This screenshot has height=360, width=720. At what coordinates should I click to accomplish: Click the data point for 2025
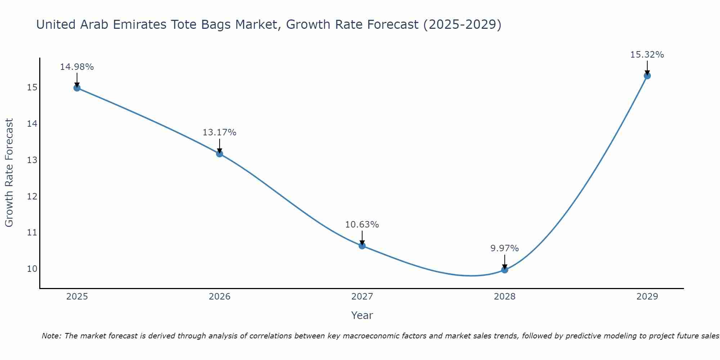tap(77, 88)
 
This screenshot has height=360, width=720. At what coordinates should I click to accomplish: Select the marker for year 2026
tap(219, 154)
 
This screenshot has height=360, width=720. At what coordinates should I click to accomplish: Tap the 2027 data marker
tap(362, 246)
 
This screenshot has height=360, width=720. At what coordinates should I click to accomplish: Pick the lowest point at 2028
tap(504, 270)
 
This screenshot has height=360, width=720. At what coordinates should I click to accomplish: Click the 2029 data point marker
tap(647, 76)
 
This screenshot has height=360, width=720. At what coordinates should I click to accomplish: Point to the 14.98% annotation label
tap(77, 67)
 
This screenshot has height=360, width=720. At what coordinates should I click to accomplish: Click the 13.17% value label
tap(219, 132)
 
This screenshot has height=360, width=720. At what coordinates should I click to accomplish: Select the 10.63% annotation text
tap(362, 225)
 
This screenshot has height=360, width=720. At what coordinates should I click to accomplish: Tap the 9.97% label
tap(504, 248)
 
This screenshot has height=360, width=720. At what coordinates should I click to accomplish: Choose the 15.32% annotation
tap(647, 55)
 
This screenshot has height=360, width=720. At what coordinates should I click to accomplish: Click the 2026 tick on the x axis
tap(220, 297)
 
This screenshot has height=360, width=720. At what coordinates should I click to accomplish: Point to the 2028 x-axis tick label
tap(504, 297)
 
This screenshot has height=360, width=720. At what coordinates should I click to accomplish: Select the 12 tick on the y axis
tap(32, 197)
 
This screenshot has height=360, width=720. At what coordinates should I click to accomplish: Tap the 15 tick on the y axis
tap(32, 87)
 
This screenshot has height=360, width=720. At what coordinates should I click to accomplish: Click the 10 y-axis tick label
tap(32, 269)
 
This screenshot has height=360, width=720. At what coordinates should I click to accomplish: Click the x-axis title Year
tap(362, 315)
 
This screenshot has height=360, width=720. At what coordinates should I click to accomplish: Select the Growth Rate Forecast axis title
tap(9, 173)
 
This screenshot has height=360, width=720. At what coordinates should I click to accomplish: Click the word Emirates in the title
tap(139, 24)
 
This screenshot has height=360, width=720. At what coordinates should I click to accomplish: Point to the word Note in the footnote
tap(51, 336)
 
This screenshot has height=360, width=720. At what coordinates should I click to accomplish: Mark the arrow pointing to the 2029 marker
tap(647, 68)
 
